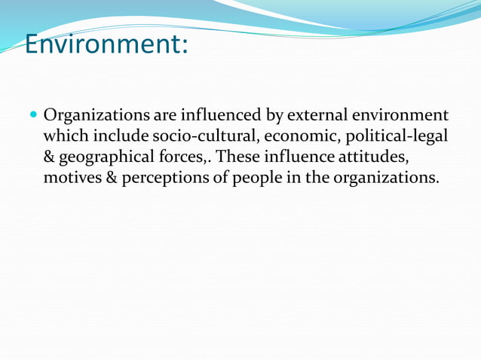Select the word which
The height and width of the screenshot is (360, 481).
click(x=66, y=137)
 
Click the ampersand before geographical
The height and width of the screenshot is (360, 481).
click(x=50, y=158)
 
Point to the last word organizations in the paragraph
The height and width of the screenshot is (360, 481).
click(x=381, y=179)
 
